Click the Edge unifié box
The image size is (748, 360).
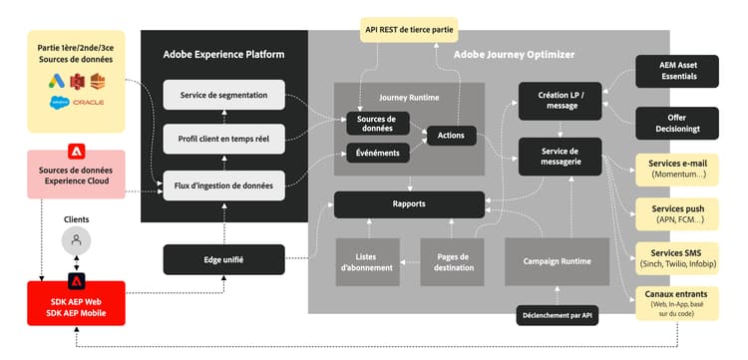coord(224,259)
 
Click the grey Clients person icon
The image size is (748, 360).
coord(75,239)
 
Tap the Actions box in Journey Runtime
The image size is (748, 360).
coord(451,134)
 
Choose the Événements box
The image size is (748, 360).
coord(376,153)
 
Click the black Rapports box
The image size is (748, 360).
coord(409,204)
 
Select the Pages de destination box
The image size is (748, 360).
coord(452,260)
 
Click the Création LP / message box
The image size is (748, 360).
coord(560,101)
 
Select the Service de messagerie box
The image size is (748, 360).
coord(560,156)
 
